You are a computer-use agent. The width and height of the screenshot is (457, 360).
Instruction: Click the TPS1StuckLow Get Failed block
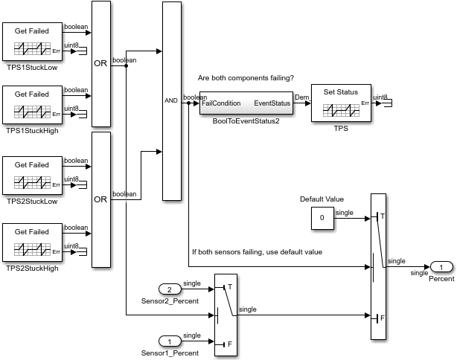tap(32, 41)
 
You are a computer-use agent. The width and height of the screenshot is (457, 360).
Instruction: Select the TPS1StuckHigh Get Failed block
tap(32, 104)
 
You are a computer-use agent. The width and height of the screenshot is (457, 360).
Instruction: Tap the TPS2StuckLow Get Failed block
tap(32, 175)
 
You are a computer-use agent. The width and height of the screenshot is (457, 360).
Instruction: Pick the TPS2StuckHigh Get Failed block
tap(32, 239)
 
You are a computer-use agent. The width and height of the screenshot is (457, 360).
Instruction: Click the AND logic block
tap(171, 100)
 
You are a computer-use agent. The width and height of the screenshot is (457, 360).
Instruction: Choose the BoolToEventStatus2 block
tap(246, 104)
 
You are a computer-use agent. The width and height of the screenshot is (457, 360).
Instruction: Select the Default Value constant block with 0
tap(322, 218)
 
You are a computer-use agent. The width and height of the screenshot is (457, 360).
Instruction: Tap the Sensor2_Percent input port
tap(170, 289)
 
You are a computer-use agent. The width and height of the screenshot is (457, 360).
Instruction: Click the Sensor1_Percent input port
tap(170, 341)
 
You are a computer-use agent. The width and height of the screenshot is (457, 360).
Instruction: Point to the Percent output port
tap(441, 267)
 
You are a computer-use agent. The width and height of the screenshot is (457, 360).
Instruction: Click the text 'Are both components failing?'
tap(246, 78)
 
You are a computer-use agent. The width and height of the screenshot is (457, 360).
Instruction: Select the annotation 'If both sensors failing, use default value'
tap(257, 252)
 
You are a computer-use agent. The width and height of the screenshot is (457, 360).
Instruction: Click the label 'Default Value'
tap(322, 199)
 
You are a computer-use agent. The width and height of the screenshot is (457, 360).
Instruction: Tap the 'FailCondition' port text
tap(221, 104)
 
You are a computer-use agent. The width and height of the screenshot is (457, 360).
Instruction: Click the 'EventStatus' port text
tap(272, 104)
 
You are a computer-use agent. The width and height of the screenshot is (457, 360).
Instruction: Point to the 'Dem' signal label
tap(301, 97)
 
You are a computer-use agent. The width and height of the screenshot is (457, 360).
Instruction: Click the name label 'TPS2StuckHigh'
tap(32, 268)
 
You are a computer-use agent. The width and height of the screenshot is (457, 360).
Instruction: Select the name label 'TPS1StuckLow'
tap(32, 67)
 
